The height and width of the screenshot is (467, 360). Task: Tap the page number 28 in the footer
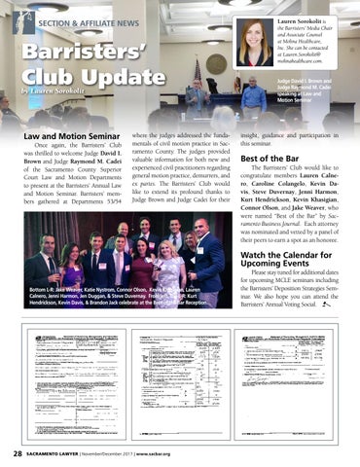tap(18, 453)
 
